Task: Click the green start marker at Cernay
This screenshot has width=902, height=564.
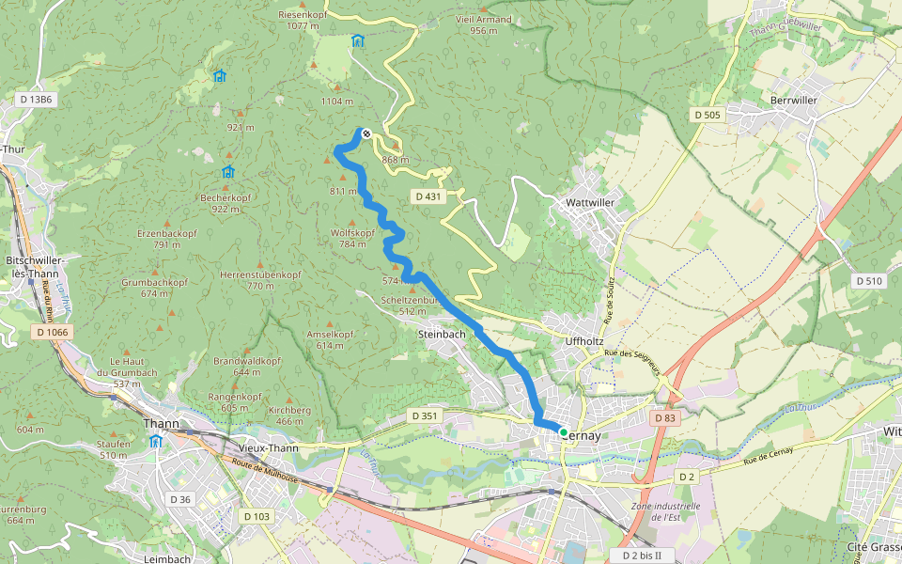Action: pos(564,432)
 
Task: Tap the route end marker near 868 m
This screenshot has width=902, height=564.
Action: pos(366,133)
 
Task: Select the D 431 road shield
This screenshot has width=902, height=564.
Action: pos(427,196)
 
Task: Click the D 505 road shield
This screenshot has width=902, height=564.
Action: pos(707,115)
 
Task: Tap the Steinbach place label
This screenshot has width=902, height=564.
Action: pos(442,333)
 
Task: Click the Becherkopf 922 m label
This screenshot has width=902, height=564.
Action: pos(225,203)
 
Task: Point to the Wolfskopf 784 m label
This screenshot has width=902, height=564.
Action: pos(353,238)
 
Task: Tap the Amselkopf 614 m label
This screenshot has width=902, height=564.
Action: pos(330,339)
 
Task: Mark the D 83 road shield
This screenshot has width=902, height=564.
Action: pos(664,417)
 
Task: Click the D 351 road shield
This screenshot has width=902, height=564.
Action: pos(425,415)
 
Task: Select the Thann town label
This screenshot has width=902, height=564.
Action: pos(161,424)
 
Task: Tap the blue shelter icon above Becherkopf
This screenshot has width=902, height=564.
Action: pos(227,172)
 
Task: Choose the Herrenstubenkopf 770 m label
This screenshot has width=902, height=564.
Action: pos(260,279)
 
